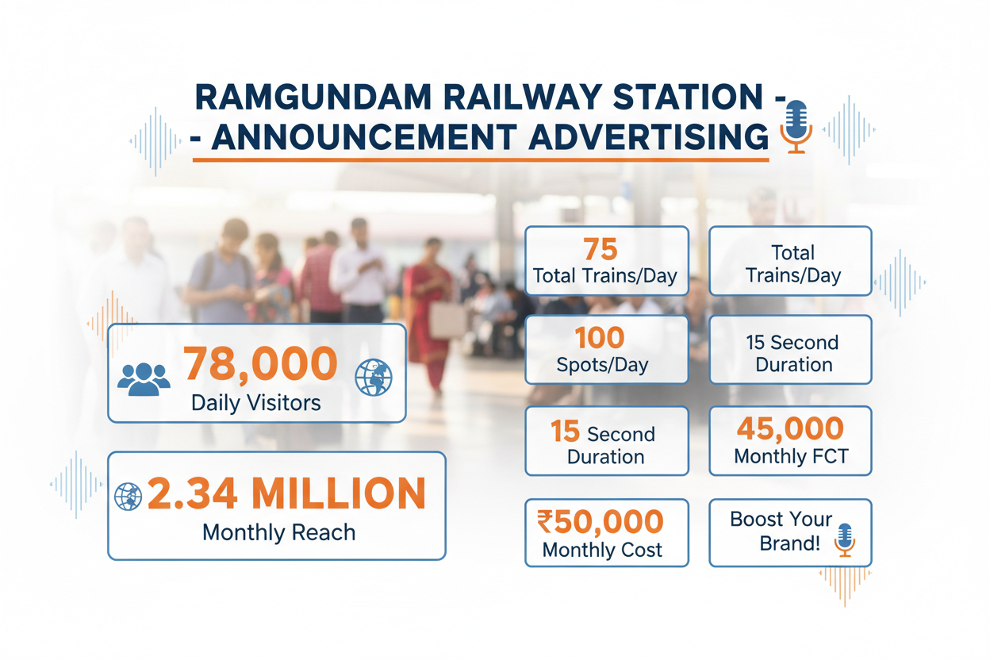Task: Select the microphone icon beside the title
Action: click(x=796, y=126)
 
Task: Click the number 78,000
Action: click(x=261, y=364)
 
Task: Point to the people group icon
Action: click(x=144, y=378)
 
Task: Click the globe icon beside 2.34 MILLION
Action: click(x=128, y=497)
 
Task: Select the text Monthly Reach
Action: click(x=278, y=532)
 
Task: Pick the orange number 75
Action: click(x=600, y=250)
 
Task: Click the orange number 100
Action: click(x=601, y=339)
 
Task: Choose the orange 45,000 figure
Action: click(x=790, y=429)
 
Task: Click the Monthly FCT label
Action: click(x=791, y=457)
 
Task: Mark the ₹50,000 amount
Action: click(x=601, y=522)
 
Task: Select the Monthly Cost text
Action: click(x=602, y=551)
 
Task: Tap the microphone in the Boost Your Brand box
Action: click(x=845, y=539)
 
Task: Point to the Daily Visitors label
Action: click(x=256, y=402)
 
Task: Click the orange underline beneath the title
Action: click(x=481, y=160)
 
